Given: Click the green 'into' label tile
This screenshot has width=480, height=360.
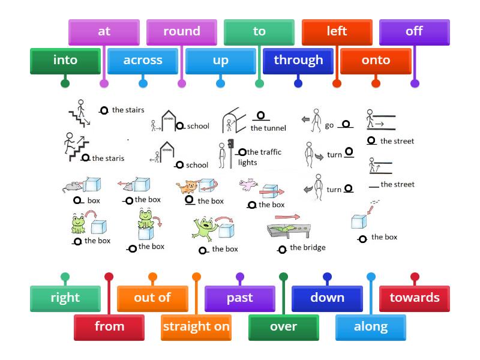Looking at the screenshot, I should tap(65, 61).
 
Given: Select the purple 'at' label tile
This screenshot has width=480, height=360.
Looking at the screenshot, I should tap(104, 32).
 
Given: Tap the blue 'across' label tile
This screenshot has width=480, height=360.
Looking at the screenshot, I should tap(143, 61).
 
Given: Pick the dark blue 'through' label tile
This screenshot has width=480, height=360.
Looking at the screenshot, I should tap(298, 61).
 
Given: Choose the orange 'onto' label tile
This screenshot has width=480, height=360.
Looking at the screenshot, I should tap(376, 61).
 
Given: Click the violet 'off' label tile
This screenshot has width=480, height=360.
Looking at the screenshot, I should tap(414, 32).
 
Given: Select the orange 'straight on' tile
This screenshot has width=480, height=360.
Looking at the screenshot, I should tap(196, 327).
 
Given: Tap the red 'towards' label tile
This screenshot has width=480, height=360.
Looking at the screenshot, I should tap(414, 298).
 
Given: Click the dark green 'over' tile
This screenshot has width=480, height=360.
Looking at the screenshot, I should tap(283, 327).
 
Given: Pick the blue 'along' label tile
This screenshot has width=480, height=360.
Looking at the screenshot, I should tap(370, 327).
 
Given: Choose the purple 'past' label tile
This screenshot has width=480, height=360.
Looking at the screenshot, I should tap(239, 298).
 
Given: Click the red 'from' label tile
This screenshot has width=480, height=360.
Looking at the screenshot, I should tap(109, 327).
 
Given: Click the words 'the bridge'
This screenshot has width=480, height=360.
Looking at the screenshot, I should tap(307, 247).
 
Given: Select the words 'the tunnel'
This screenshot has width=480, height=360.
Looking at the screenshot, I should tap(268, 128).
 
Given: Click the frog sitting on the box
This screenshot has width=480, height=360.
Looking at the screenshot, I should tap(145, 218).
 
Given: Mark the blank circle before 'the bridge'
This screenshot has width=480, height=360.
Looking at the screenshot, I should tap(281, 249).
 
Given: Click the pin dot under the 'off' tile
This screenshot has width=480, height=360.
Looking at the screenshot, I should tap(415, 83).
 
